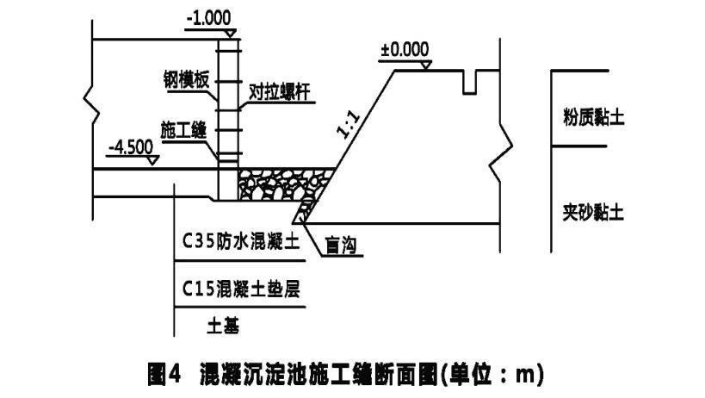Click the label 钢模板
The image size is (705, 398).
[186, 79]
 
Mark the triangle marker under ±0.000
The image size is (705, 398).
[424, 64]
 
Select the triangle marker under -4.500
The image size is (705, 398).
[152, 159]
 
